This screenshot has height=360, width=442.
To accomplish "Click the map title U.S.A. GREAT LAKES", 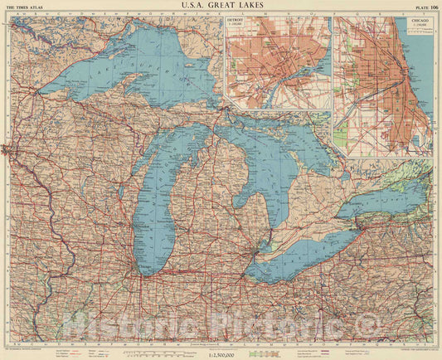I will point(221,6).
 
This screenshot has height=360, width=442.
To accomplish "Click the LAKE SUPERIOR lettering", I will point(124,67).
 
